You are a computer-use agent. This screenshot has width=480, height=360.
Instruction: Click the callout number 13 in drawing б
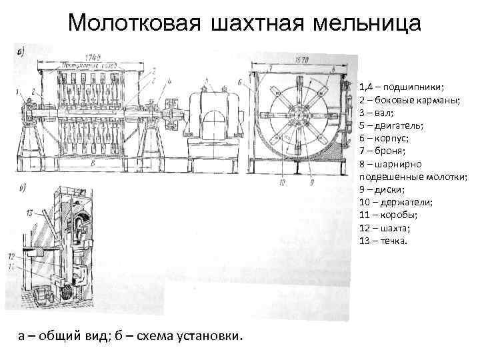pos(29,212)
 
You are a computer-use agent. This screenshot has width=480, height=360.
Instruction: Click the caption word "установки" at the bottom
pos(207,335)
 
